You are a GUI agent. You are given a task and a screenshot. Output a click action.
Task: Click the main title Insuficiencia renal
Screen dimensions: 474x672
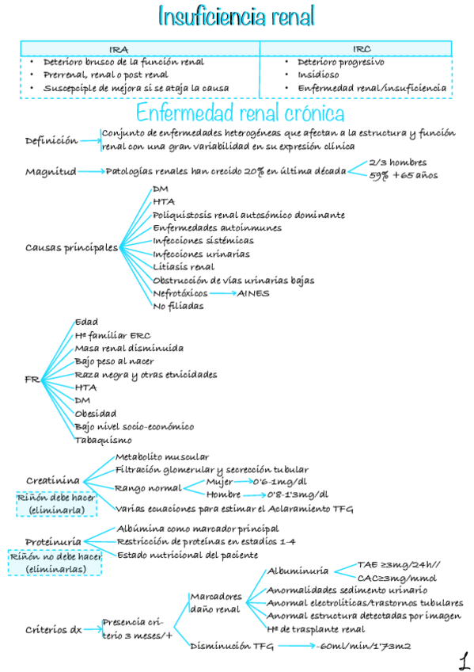pyautogui.click(x=237, y=16)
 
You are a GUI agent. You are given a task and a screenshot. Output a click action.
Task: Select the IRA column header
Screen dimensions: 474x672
pyautogui.click(x=139, y=49)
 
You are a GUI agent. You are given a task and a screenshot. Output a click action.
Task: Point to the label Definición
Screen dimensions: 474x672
pyautogui.click(x=51, y=140)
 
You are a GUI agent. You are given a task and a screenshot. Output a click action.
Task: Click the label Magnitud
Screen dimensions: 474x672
pyautogui.click(x=51, y=171)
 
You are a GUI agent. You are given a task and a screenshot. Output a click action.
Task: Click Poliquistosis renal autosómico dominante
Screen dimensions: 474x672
pyautogui.click(x=248, y=216)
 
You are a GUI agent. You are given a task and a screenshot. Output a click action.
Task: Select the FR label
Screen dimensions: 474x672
pyautogui.click(x=32, y=380)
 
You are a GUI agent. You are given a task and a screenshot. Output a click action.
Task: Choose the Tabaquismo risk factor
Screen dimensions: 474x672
pyautogui.click(x=103, y=440)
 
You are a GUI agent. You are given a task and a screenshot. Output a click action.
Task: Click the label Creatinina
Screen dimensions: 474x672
pyautogui.click(x=52, y=480)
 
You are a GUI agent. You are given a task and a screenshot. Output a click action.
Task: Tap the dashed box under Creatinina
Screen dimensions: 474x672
pyautogui.click(x=56, y=504)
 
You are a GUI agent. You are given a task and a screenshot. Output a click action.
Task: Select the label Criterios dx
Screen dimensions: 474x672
pyautogui.click(x=53, y=630)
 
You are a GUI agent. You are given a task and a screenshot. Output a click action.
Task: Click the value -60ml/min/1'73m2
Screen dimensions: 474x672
pyautogui.click(x=363, y=647)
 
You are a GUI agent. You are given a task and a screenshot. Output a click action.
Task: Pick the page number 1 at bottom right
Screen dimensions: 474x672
pyautogui.click(x=461, y=659)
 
